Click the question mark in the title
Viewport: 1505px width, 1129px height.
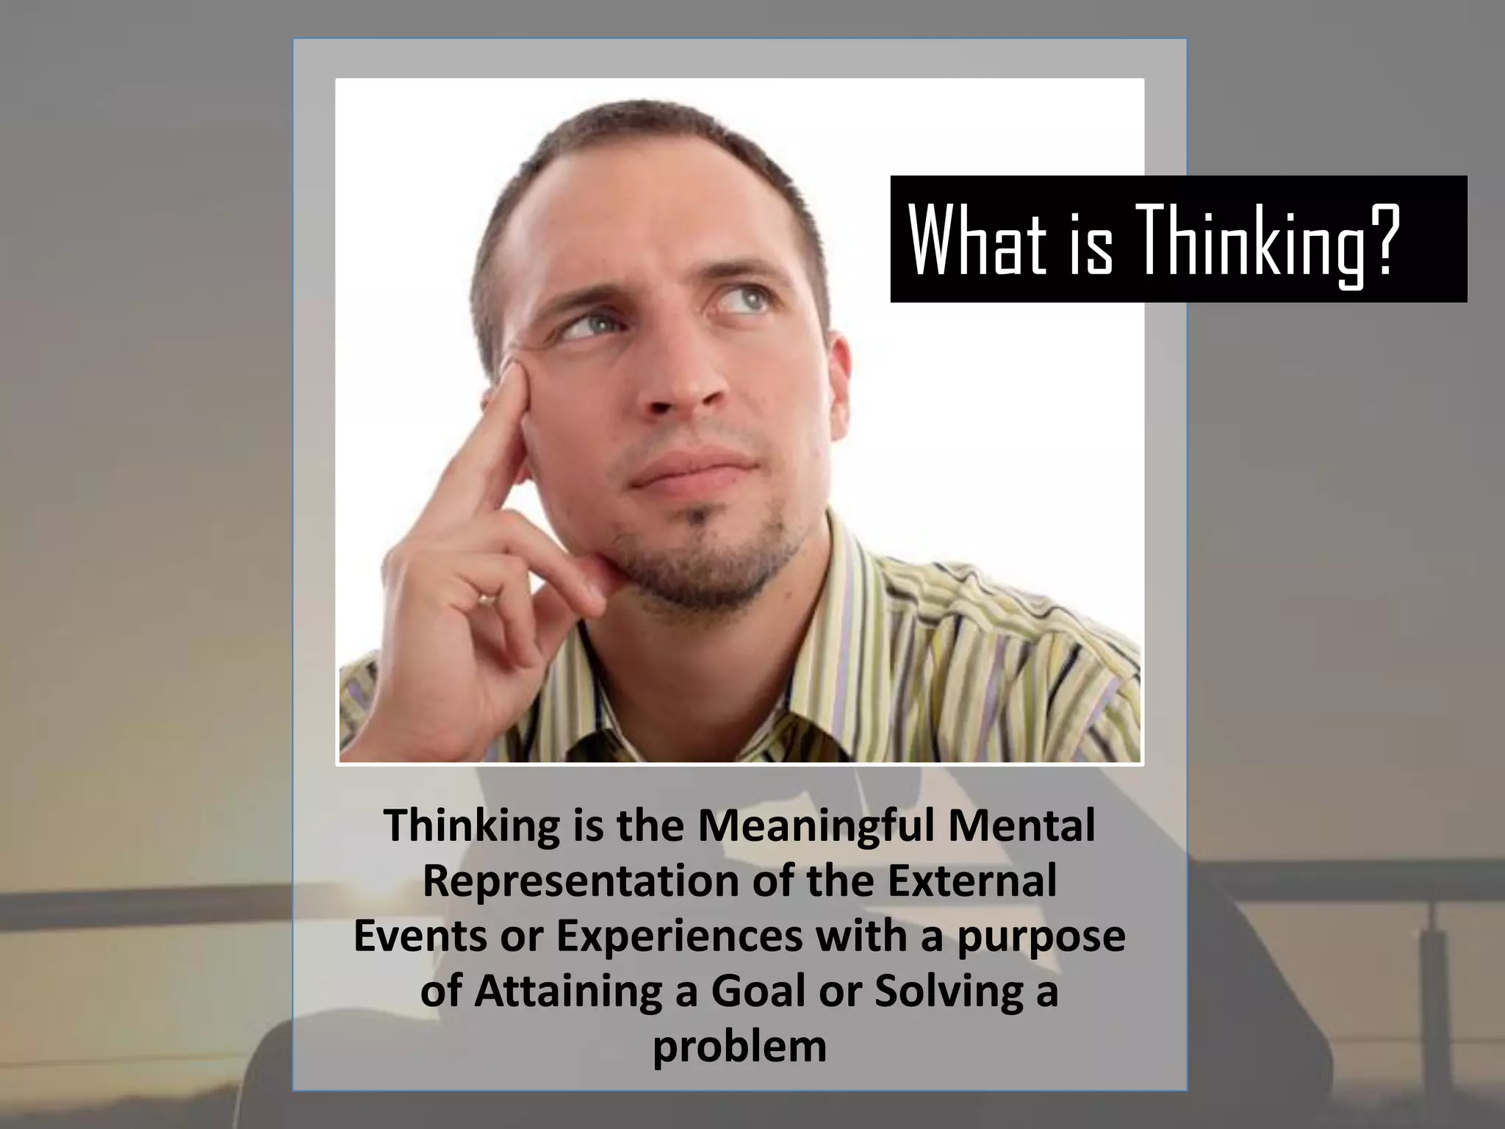click(1375, 239)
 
